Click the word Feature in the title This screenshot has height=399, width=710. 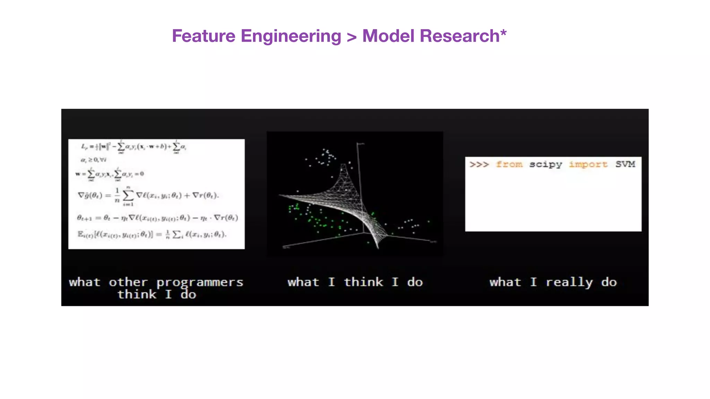pos(204,36)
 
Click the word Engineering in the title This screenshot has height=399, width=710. pos(291,36)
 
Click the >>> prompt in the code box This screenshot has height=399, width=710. pos(479,164)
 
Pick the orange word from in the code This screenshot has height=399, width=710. pos(509,164)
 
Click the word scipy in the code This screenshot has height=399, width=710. pos(545,165)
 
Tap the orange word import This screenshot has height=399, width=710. pos(588,165)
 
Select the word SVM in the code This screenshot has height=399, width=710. pos(625,164)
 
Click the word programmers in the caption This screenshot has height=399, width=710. pos(200,283)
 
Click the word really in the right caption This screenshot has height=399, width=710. pos(569,283)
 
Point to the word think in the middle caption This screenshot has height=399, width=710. pos(363,282)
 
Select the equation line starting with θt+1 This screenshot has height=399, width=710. pos(157,218)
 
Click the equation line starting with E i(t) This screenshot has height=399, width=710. pos(151,234)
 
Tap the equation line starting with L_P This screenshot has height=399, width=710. pos(134,147)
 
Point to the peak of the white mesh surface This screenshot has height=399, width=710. pos(344,167)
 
